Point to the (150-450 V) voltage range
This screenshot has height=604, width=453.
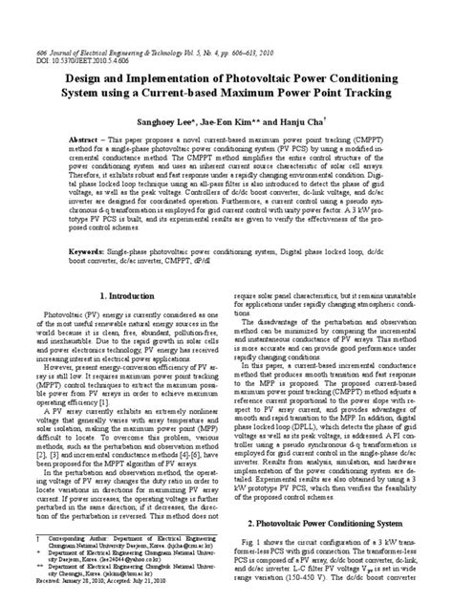307,579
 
